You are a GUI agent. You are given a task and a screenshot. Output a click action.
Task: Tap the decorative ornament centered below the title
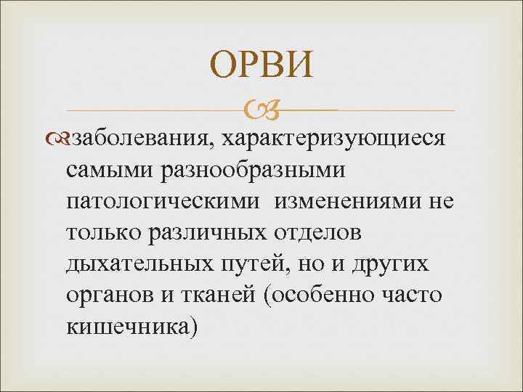[x=261, y=111]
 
